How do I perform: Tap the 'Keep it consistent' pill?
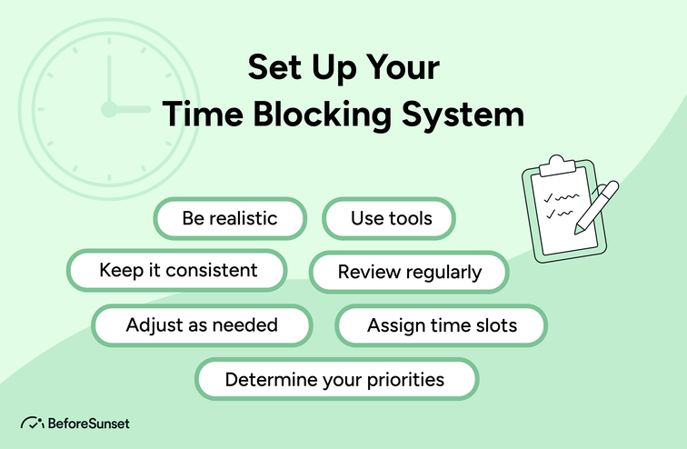pos(178,271)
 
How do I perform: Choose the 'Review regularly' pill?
pos(409,272)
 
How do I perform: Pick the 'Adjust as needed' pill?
pos(202,324)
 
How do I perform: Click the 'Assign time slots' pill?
pos(442,325)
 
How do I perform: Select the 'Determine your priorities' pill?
pos(335,379)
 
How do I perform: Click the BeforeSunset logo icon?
pos(32,423)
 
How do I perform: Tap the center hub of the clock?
pos(108,109)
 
